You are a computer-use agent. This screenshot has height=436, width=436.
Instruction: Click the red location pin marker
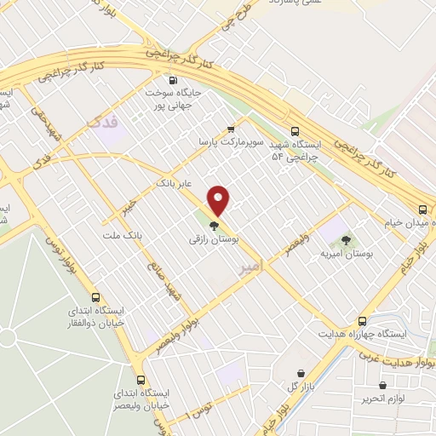pos(219,199)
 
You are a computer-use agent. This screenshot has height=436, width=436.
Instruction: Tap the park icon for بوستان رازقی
pos(212,227)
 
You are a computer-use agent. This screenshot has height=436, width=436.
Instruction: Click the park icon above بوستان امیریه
pos(345,239)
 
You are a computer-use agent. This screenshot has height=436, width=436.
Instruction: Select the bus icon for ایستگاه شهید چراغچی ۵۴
pos(295,132)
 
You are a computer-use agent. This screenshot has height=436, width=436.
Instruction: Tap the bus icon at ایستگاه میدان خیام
pos(422,209)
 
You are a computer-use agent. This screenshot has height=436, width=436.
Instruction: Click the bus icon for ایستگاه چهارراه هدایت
pos(363,321)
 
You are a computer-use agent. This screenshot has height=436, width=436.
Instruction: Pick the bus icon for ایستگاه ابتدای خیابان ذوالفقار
pos(95,298)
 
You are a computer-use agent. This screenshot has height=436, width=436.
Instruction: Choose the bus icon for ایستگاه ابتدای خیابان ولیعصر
pos(141,380)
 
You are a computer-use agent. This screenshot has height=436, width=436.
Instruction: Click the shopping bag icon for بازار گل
pos(301,373)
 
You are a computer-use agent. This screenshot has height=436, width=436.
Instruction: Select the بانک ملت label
pos(122,234)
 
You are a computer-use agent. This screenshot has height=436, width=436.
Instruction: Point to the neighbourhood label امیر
pos(247,267)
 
